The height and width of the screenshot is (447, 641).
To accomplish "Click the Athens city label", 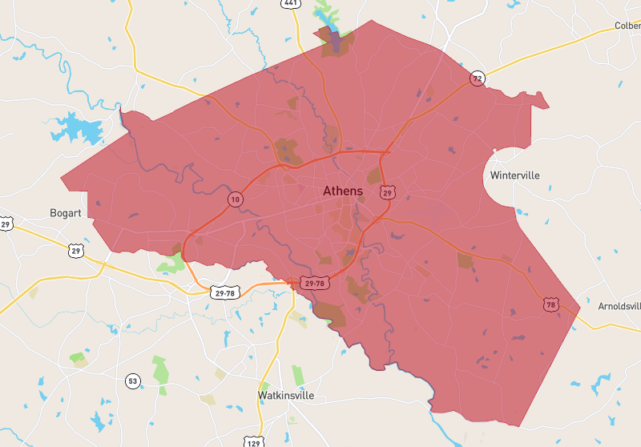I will [342, 191].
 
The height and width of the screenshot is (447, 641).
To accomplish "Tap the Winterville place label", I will [514, 175].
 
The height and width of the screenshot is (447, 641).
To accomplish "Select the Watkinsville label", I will [286, 396].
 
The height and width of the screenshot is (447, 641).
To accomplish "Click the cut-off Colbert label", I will [627, 26].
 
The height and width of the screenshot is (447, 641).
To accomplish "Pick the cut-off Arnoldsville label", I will [619, 307].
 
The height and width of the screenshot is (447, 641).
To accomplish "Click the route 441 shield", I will [290, 4].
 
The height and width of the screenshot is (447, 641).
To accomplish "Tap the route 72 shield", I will [478, 79].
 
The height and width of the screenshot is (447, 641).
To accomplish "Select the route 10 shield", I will [235, 199].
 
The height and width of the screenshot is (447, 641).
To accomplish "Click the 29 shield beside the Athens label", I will [388, 193].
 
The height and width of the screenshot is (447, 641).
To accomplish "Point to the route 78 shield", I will [550, 304].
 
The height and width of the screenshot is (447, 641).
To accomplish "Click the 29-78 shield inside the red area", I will [313, 283].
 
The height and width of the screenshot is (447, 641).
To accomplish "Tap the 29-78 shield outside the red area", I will [224, 293].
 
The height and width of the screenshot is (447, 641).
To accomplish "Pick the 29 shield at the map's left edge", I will [6, 224].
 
